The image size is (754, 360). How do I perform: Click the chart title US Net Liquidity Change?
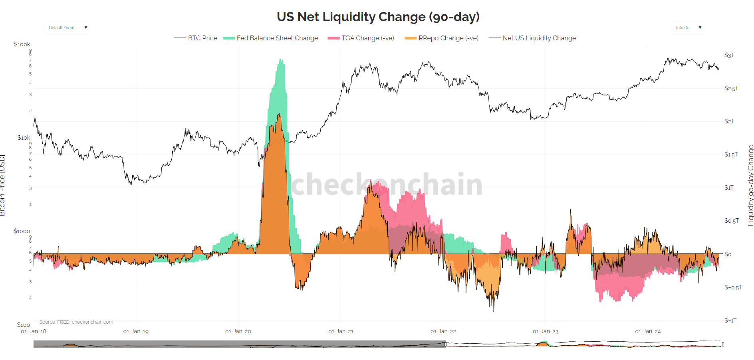pos(378,17)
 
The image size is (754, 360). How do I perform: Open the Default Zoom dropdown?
pos(67,28)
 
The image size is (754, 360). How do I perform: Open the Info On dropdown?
pos(688,28)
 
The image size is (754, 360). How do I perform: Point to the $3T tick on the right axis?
pos(729,55)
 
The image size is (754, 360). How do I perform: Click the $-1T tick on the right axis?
pos(730,320)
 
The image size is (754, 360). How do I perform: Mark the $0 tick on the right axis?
pos(728,254)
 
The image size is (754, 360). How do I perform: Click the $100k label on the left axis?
pos(22,44)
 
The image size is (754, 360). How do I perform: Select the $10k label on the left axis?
pos(24,138)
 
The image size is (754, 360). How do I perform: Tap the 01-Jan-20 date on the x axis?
pos(238,331)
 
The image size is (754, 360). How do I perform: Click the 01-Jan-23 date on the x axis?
pos(546,331)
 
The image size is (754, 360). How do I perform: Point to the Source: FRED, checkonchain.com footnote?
pos(76,322)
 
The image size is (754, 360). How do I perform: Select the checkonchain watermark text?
pos(387,184)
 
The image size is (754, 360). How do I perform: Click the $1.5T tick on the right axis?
pos(731,154)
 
